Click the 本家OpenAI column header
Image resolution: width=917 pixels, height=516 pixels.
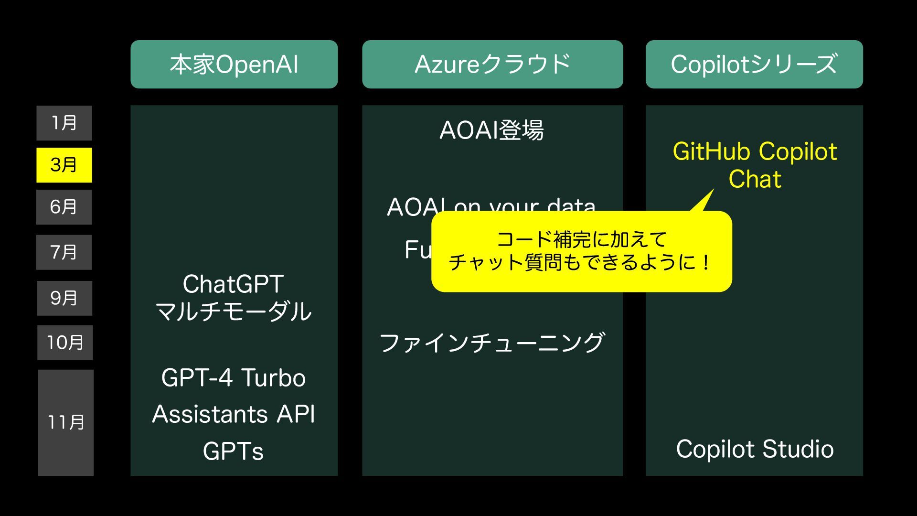(234, 64)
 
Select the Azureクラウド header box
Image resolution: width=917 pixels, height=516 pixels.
(492, 64)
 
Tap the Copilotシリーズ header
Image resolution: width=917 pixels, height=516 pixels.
(754, 64)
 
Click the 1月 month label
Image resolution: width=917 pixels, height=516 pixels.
(64, 123)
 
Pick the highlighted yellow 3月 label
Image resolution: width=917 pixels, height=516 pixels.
(64, 165)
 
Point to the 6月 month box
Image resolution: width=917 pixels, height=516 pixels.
(64, 207)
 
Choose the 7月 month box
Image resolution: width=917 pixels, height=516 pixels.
(64, 252)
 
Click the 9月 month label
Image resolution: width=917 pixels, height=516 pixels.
(64, 298)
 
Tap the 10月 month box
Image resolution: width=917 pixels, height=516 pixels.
(65, 343)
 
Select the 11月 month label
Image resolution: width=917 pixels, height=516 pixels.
(66, 422)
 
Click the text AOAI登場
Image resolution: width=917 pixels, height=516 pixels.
(491, 130)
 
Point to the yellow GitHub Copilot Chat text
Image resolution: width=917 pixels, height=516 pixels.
(755, 165)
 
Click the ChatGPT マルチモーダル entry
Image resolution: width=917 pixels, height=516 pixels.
(234, 298)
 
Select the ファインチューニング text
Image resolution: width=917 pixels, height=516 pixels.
(492, 343)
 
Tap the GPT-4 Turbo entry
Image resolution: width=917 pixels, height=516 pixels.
(234, 378)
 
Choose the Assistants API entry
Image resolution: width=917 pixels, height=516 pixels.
(234, 414)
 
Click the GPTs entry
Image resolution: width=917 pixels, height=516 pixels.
(233, 451)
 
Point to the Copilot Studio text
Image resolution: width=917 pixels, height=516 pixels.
(755, 449)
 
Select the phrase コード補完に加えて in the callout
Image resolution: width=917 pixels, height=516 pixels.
(581, 239)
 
